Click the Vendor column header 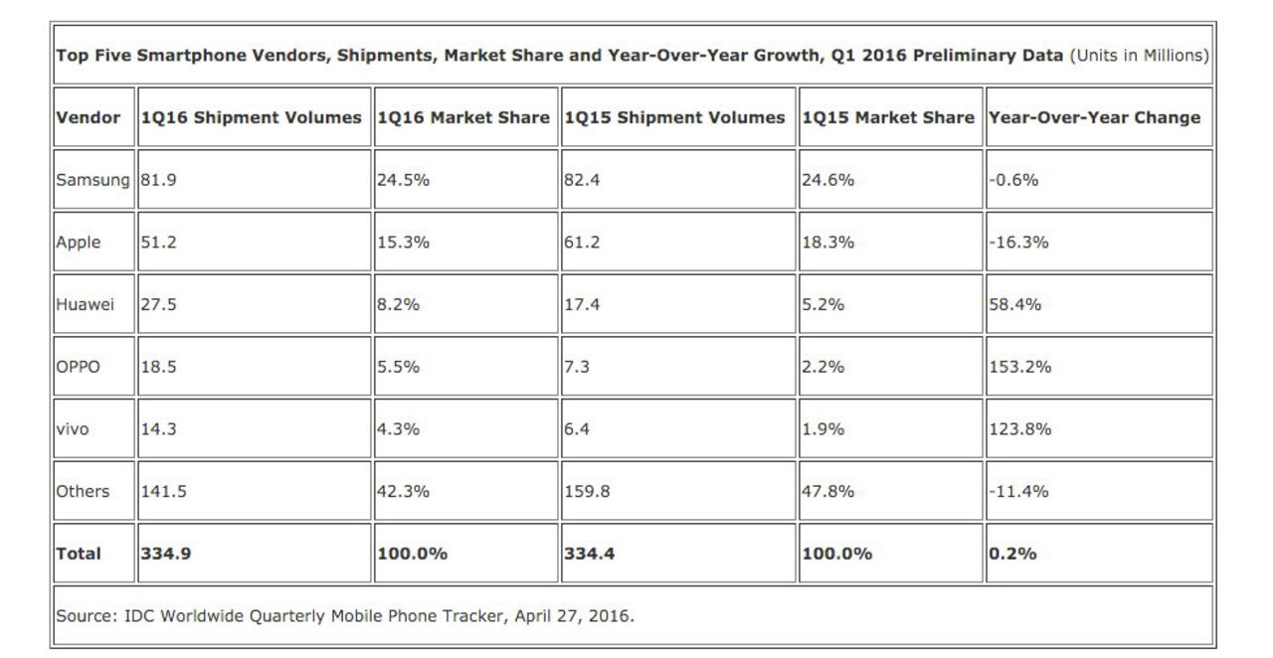click(88, 117)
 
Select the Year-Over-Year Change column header click(1094, 117)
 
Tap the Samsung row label click(92, 180)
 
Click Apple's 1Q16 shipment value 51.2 click(159, 242)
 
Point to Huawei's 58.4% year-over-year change click(1014, 304)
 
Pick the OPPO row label click(79, 367)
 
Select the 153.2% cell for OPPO click(1019, 367)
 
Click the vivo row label click(73, 429)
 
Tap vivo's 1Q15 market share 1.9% click(822, 429)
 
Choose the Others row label click(83, 491)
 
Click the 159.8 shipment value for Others click(587, 491)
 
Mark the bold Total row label click(79, 554)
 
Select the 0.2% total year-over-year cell click(1012, 554)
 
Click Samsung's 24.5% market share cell click(403, 180)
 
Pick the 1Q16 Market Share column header click(463, 117)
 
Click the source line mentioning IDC click(344, 615)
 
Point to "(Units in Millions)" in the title click(1139, 56)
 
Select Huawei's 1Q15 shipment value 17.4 click(582, 304)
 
